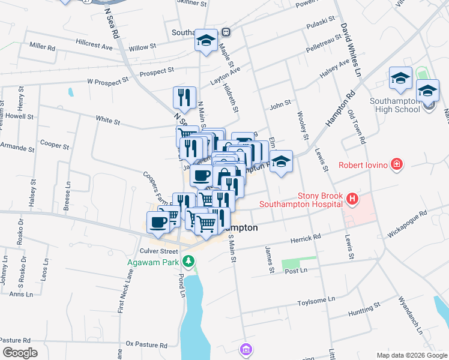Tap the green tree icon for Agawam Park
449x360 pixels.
pos(189,261)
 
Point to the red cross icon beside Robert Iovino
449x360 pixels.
pos(396,164)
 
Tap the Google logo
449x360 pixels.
pos(20,353)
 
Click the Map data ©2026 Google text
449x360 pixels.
pos(411,355)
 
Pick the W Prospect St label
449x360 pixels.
pos(108,80)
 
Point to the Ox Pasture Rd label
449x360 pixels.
pos(146,345)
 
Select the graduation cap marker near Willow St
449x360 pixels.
pos(206,41)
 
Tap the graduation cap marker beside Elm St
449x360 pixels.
pos(280,161)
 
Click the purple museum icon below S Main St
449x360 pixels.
pos(245,349)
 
